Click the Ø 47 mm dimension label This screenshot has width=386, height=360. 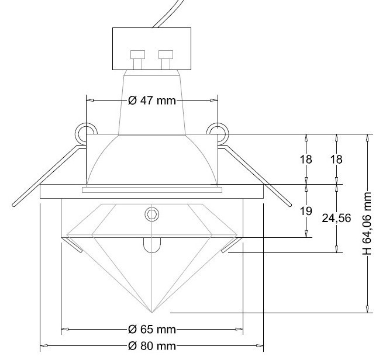152,101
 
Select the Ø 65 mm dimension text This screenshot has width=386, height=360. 152,329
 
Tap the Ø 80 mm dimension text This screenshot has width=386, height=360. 152,346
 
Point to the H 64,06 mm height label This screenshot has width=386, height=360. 367,224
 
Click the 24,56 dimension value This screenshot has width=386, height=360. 336,218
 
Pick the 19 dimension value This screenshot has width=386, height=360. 306,211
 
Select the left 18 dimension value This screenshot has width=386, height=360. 306,160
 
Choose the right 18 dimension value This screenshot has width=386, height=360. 336,160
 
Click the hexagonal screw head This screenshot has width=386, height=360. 152,214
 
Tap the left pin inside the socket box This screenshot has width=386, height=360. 137,60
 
